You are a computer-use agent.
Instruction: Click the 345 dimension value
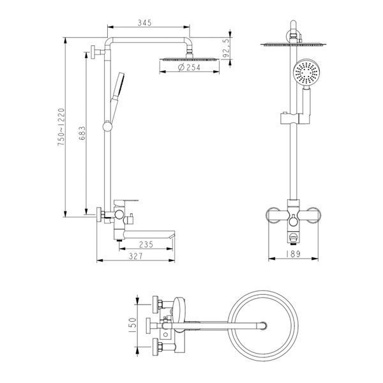coord(145,23)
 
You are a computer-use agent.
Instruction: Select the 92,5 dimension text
coord(227,49)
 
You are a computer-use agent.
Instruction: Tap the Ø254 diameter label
coord(189,67)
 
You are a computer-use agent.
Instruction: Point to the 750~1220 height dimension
coord(61,127)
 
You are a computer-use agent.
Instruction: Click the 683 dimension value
coord(82,133)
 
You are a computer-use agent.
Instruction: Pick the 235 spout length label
coord(146,244)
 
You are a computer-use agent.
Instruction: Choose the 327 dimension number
coord(135,256)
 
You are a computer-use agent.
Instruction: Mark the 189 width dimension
coord(292,254)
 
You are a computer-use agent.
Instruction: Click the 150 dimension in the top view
coord(132,326)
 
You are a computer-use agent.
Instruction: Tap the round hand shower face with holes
coord(306,72)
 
